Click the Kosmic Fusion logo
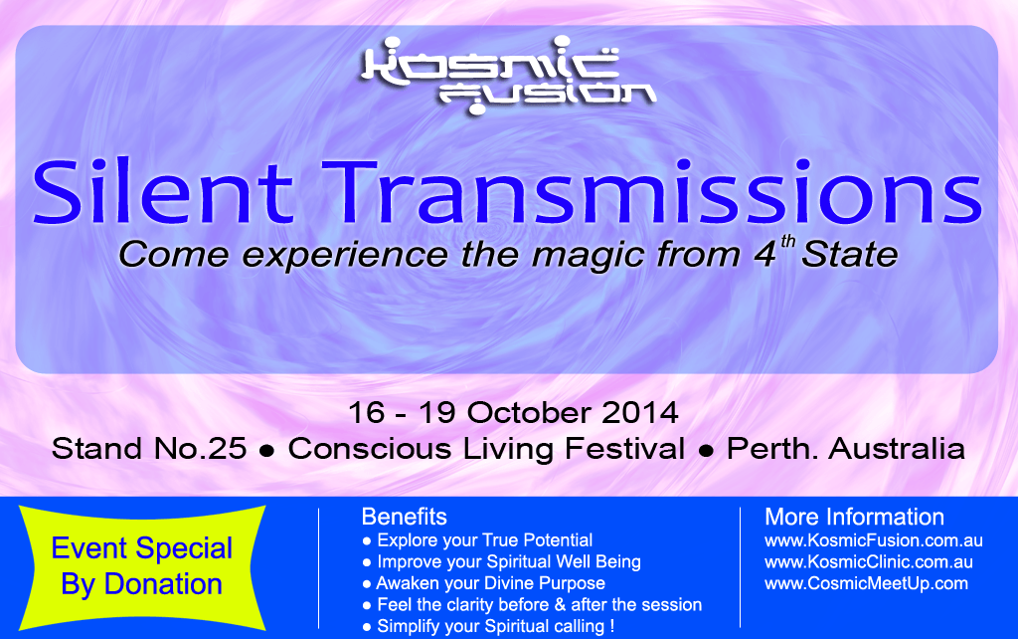click(x=508, y=76)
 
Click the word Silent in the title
click(x=163, y=192)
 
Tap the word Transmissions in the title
click(x=652, y=192)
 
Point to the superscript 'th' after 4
click(x=787, y=242)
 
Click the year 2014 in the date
click(x=639, y=413)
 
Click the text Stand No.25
click(x=149, y=449)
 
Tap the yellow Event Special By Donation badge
click(x=142, y=567)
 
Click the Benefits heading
click(x=404, y=517)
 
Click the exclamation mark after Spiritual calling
click(x=611, y=626)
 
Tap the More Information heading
click(x=854, y=517)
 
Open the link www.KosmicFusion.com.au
click(x=874, y=540)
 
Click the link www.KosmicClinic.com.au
click(x=869, y=562)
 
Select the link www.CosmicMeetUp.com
click(x=866, y=583)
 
